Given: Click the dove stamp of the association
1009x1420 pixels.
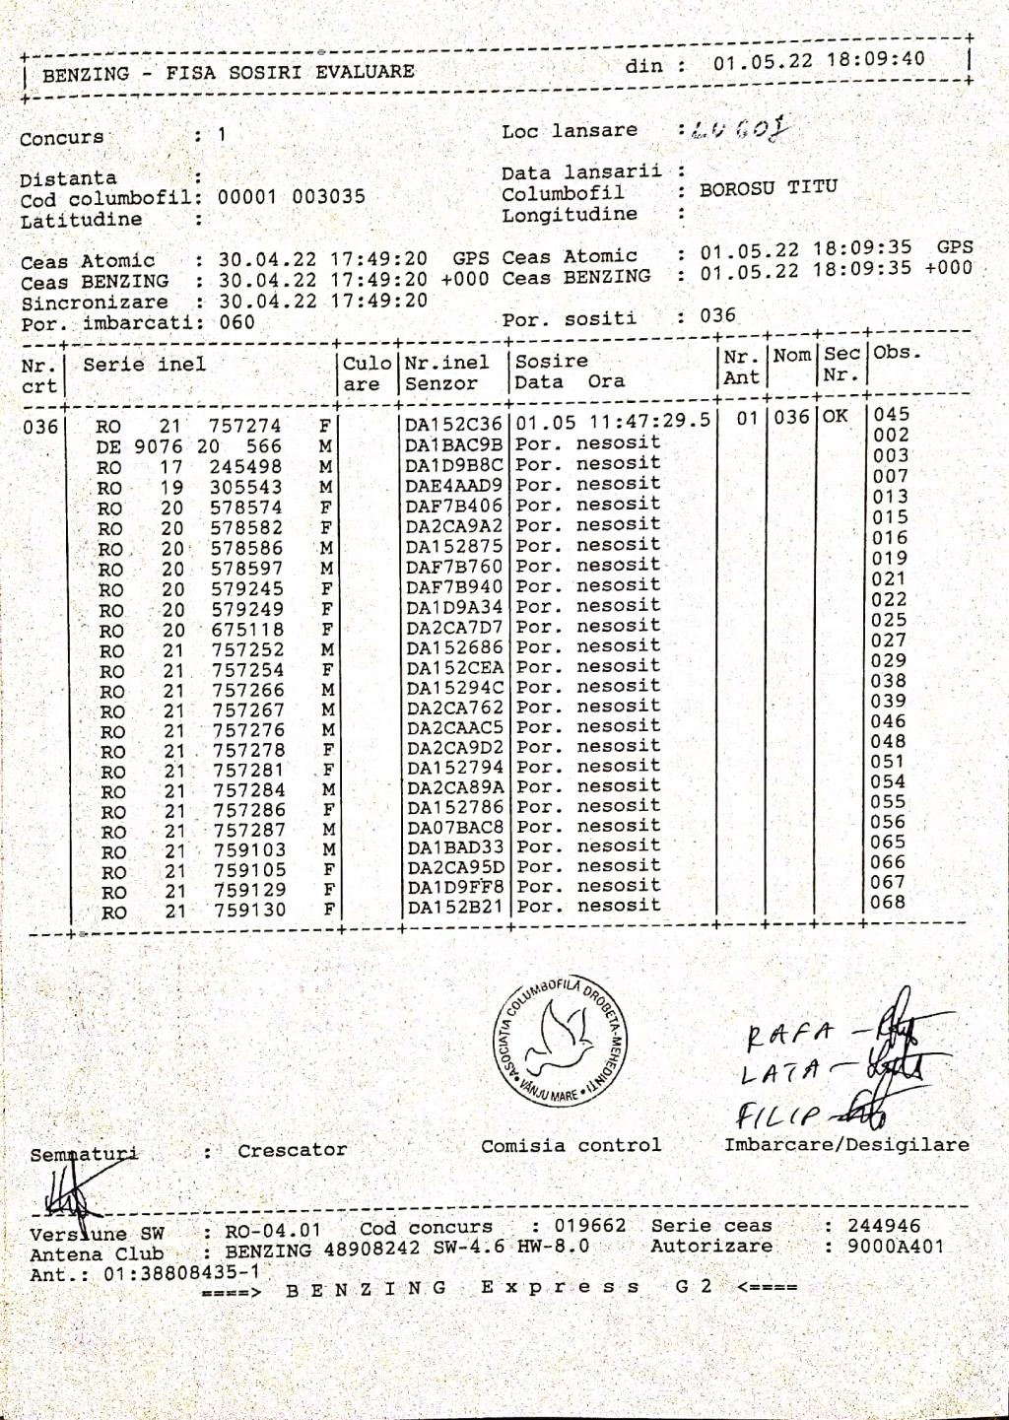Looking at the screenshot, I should (560, 1041).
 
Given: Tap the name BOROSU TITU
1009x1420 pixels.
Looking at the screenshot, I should (768, 187).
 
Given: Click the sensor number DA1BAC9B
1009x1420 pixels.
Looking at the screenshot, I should (453, 444).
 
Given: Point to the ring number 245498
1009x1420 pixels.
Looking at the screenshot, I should (245, 466).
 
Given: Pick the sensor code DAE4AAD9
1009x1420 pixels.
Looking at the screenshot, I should (453, 485).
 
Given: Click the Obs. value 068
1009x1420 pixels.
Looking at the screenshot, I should (888, 902).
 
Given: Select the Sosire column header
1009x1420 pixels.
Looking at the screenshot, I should (551, 361).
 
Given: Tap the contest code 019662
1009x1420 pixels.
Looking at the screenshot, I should (589, 1226).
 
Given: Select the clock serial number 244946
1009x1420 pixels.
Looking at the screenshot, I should (884, 1226).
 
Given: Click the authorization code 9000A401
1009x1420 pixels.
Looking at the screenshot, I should (895, 1247).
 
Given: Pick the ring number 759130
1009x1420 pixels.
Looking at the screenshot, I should (250, 911).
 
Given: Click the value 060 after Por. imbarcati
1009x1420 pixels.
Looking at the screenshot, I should (236, 322).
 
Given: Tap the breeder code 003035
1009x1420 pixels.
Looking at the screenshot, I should (328, 197).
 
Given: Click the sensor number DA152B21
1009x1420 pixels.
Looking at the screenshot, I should (454, 907).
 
